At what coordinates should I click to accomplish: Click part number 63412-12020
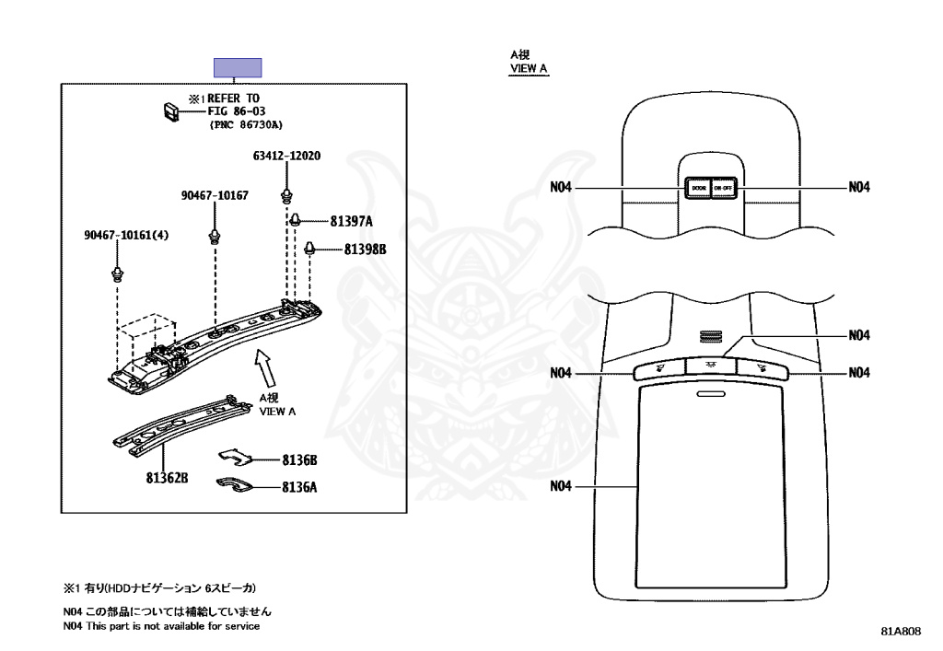coord(286,157)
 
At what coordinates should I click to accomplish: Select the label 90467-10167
coord(215,195)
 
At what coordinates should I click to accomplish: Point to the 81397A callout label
coord(351,222)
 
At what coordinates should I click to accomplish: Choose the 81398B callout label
coord(366,250)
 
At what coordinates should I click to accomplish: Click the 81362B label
coord(166,479)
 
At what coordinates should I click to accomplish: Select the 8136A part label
coord(299,488)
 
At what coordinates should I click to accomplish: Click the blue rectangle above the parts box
coord(238,67)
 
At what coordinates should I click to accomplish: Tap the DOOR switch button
coord(697,188)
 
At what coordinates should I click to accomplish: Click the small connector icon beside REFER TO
coord(170,110)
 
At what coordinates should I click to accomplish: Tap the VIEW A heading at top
coord(529,63)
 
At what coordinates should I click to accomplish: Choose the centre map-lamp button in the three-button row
coord(711,366)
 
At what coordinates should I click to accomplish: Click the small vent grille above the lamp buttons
coord(711,337)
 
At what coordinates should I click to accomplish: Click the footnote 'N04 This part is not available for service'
coord(161,626)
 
